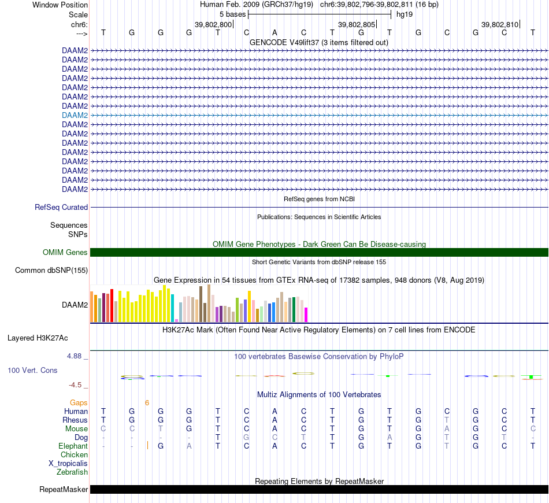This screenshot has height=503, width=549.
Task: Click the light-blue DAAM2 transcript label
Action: pyautogui.click(x=75, y=115)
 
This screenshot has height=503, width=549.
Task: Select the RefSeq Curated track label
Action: pyautogui.click(x=61, y=207)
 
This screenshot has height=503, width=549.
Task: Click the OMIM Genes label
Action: pyautogui.click(x=65, y=252)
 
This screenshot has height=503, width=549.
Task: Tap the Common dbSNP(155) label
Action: pyautogui.click(x=51, y=270)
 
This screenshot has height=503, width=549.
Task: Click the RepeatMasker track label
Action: pyautogui.click(x=64, y=490)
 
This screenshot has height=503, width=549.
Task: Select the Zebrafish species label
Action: pyautogui.click(x=72, y=472)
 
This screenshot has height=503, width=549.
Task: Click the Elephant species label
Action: pyautogui.click(x=73, y=446)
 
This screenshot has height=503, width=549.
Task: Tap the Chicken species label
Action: pyautogui.click(x=74, y=454)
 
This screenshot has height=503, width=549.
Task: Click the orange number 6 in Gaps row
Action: pyautogui.click(x=147, y=402)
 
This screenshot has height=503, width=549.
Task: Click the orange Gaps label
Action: pyautogui.click(x=79, y=402)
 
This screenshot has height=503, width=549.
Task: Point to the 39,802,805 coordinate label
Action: pyautogui.click(x=357, y=24)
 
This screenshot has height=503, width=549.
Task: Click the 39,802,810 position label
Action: pyautogui.click(x=500, y=24)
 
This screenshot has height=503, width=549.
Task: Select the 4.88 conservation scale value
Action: pyautogui.click(x=77, y=356)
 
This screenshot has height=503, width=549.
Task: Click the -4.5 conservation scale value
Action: pyautogui.click(x=79, y=384)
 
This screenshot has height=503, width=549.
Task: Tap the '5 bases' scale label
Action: pyautogui.click(x=232, y=14)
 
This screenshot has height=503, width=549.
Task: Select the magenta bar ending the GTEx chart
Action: pyautogui.click(x=306, y=315)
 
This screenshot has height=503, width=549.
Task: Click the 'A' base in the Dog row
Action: pyautogui.click(x=390, y=437)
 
